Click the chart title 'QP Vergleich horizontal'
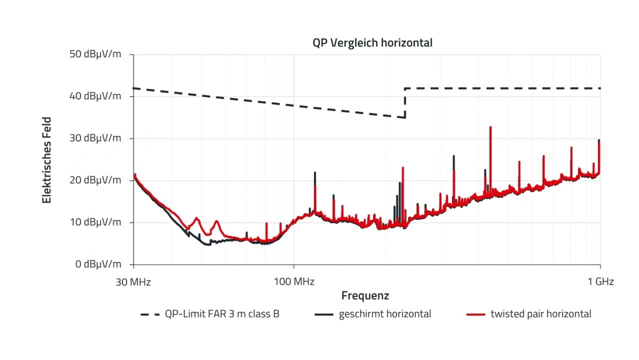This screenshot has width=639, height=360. [372, 43]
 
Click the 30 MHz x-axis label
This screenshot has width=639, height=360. [133, 282]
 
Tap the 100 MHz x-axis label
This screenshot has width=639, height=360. [294, 282]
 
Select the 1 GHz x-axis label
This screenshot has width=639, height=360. [600, 282]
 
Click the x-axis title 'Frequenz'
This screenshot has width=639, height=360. [365, 296]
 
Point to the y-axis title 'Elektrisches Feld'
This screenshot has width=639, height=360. [47, 160]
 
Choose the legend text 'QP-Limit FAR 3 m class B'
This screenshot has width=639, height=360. [222, 315]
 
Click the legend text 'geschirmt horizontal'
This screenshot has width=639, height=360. [385, 315]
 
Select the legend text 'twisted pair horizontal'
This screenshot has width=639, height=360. [541, 315]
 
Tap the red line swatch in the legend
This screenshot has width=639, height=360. [475, 315]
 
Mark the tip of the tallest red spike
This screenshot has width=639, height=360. [490, 127]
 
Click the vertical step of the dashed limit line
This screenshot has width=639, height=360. [405, 103]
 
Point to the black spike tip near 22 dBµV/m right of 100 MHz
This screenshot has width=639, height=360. [315, 172]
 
